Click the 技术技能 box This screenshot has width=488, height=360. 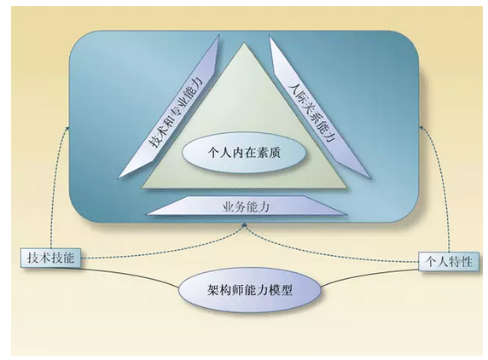point(50,258)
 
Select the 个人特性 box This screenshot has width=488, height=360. point(449,262)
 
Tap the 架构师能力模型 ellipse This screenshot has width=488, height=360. point(250,290)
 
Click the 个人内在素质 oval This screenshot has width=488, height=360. point(244,153)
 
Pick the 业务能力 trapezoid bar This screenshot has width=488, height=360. point(247,206)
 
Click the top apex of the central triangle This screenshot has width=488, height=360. point(245,43)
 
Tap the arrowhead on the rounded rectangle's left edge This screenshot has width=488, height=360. point(68,128)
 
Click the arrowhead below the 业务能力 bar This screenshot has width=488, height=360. point(245,224)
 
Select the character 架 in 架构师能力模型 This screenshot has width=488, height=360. point(212,290)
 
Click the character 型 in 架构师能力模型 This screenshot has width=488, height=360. point(287,290)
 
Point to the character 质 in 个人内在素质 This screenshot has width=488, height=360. point(275,153)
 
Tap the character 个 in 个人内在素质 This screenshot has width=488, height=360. point(213,153)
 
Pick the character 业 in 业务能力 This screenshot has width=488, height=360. point(228,206)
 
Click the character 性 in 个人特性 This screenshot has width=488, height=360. point(466,262)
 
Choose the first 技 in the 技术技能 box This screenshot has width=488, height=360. point(33,258)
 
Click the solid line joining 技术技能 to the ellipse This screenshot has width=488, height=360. point(130,276)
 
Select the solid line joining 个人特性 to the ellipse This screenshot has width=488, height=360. point(369,277)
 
